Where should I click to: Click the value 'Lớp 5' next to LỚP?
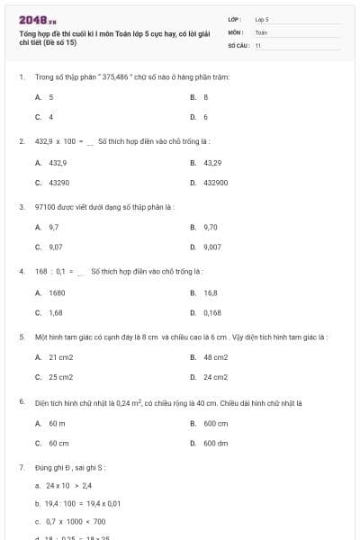[x=262, y=19]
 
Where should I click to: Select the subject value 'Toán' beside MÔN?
[x=261, y=31]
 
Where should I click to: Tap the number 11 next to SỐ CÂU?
[x=258, y=44]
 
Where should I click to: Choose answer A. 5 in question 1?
[x=44, y=96]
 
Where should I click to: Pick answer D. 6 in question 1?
[x=200, y=117]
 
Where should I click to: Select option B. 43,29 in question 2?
[x=206, y=163]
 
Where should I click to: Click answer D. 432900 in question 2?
[x=209, y=183]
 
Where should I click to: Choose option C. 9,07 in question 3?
[x=49, y=247]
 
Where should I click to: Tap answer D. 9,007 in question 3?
[x=206, y=247]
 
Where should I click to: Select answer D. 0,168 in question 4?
[x=206, y=312]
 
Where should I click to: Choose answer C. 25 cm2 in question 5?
[x=54, y=377]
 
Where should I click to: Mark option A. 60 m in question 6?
[x=50, y=423]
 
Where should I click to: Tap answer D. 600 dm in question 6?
[x=209, y=443]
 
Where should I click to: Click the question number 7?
[x=22, y=468]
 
